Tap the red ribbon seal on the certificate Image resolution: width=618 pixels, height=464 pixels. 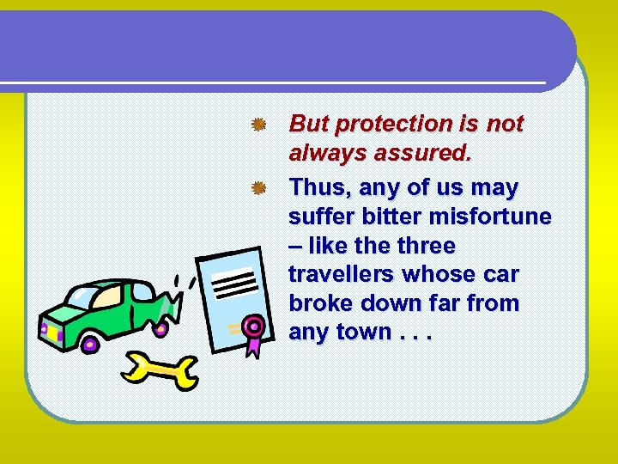[x=251, y=327]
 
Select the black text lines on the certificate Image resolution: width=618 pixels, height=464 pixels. [x=234, y=283]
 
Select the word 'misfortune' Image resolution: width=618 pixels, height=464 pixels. [x=497, y=217]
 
